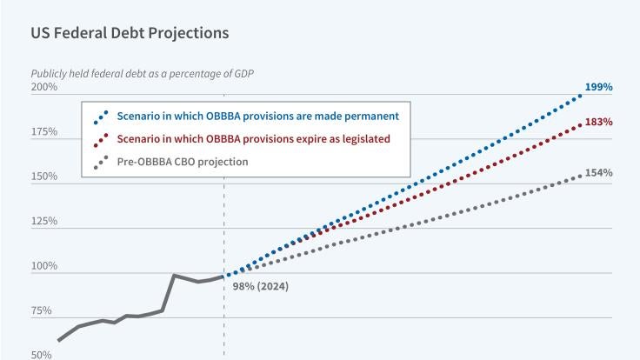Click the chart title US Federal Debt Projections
[130, 33]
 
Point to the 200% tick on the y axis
[43, 88]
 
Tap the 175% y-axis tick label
[43, 132]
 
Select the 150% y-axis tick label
[43, 177]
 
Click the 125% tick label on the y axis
[43, 222]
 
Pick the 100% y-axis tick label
[43, 266]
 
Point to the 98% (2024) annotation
[261, 286]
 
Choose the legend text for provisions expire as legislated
[253, 138]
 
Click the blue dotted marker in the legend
[101, 116]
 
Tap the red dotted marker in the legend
[101, 139]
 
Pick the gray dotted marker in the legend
[101, 162]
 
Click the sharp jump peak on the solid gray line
[175, 276]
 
